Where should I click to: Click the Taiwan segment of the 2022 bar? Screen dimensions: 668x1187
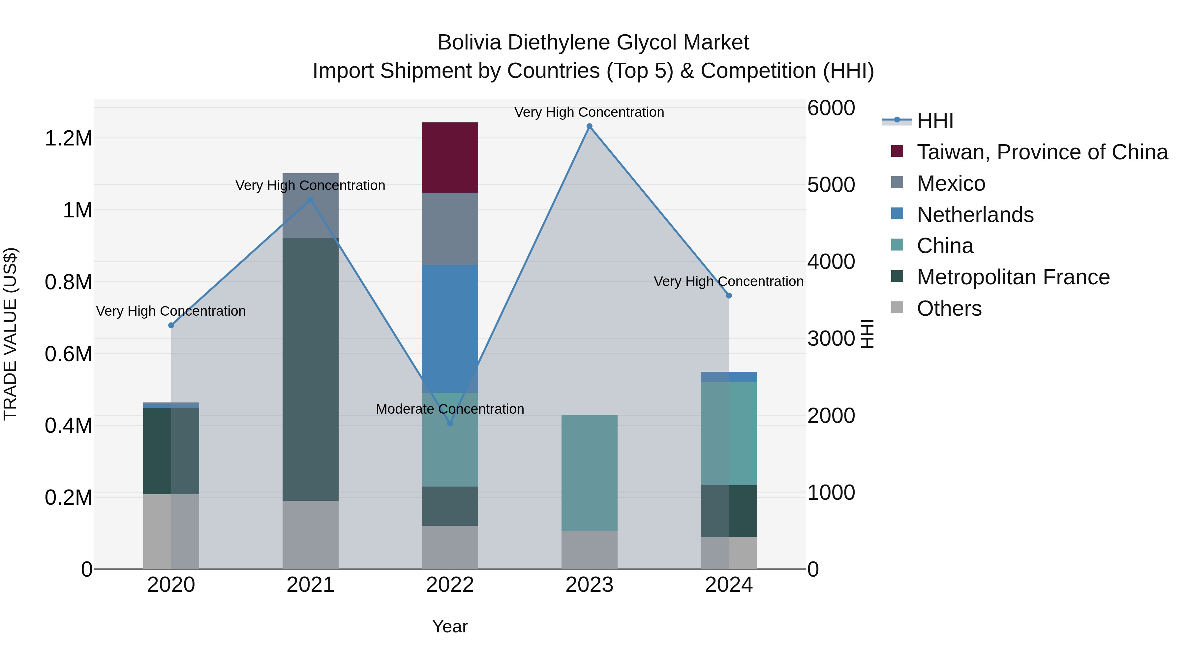click(x=450, y=157)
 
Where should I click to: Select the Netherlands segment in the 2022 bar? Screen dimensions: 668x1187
click(x=450, y=328)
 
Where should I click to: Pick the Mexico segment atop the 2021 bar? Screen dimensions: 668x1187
click(x=310, y=206)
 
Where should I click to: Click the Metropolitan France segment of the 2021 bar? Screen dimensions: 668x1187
click(x=310, y=369)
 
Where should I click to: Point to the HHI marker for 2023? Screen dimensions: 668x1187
click(x=589, y=126)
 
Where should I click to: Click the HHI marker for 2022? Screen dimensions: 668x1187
click(x=450, y=423)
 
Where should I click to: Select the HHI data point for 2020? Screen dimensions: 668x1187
click(x=171, y=325)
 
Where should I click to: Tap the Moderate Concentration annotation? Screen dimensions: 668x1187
click(x=450, y=409)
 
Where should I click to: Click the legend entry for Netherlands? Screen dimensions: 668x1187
click(x=975, y=215)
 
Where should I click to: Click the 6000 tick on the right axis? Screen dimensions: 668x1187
click(x=831, y=108)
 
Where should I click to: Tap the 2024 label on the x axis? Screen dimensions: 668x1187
click(x=728, y=585)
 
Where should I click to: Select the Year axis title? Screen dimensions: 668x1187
click(x=450, y=626)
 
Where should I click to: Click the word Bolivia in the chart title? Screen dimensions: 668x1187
click(x=469, y=43)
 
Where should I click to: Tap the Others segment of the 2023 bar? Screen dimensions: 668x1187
click(x=589, y=550)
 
